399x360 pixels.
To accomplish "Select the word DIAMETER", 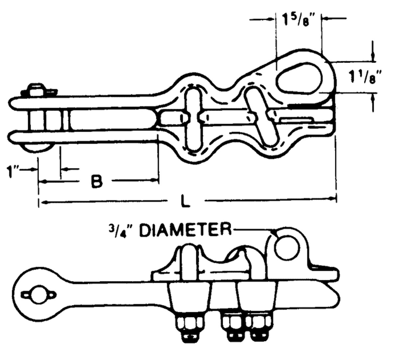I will pos(185,230).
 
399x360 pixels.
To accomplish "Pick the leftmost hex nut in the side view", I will pos(188,322).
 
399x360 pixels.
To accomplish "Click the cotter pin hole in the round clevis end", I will pos(39,294).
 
